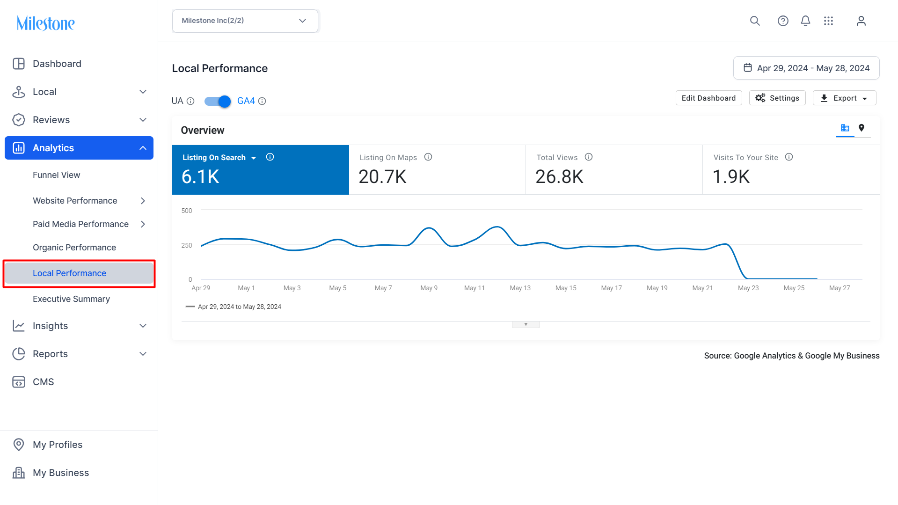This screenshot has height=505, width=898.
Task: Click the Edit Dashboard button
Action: pos(708,98)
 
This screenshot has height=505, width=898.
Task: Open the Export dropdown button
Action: pos(844,98)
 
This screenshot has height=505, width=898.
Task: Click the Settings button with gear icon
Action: pos(777,98)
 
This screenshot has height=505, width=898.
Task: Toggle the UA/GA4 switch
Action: pos(218,101)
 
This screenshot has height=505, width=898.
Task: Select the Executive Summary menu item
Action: pos(71,299)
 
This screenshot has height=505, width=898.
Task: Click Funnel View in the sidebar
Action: pos(56,175)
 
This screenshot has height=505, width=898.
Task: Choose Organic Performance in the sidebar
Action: pos(74,247)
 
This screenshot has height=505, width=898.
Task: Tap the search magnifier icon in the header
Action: pos(755,21)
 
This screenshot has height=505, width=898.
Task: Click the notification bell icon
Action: pos(805,21)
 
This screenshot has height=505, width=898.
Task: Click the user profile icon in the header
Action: pos(861,21)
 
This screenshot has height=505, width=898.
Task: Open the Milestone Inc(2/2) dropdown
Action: pos(245,21)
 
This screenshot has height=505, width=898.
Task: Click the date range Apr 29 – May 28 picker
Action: pos(806,68)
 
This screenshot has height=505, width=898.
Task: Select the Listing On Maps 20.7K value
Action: pos(382,177)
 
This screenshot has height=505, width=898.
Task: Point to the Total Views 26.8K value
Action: pos(559,177)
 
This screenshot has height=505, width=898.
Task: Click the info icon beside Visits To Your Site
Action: pos(789,157)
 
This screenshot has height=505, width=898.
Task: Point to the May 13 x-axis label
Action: pos(520,288)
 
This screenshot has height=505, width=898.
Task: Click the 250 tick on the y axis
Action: pos(186,245)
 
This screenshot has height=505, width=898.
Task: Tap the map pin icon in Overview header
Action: pos(861,128)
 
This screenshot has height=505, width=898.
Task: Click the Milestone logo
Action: pos(45,23)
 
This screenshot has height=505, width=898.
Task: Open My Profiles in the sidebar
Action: pos(58,445)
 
